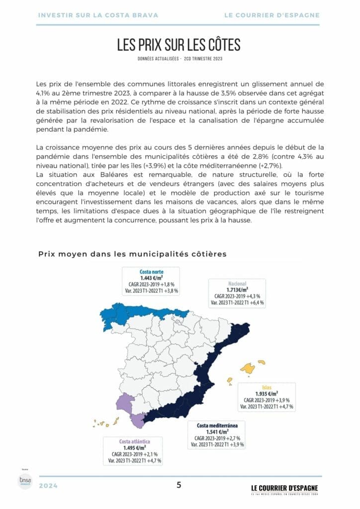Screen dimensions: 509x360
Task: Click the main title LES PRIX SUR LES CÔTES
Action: pyautogui.click(x=179, y=45)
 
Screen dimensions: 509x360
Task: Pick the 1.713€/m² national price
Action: pyautogui.click(x=238, y=290)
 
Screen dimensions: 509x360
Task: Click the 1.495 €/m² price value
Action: pyautogui.click(x=134, y=448)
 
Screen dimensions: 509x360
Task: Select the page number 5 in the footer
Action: pyautogui.click(x=179, y=485)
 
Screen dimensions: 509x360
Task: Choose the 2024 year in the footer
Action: pyautogui.click(x=48, y=486)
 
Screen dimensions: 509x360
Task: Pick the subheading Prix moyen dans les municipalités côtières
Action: pyautogui.click(x=132, y=254)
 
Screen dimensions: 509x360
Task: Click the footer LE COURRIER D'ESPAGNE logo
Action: pyautogui.click(x=284, y=488)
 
